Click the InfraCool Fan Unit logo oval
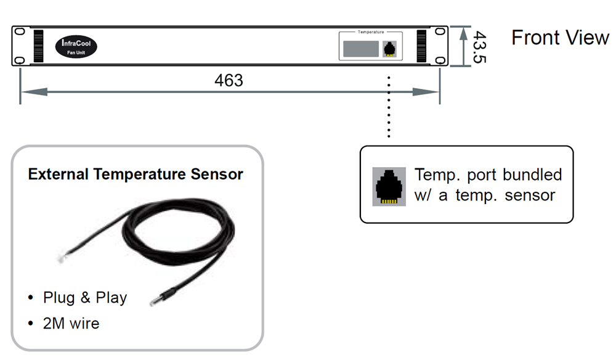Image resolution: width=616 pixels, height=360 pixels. coord(77,46)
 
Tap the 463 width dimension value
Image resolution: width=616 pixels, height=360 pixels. coord(229,80)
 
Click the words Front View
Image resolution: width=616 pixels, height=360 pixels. coord(560,38)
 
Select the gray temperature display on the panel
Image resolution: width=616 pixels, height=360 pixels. coord(360,49)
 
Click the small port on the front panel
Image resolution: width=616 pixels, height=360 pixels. coord(390,49)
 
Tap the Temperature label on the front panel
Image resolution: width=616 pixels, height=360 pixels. coord(371,31)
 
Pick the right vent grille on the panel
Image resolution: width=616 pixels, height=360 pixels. coord(422,46)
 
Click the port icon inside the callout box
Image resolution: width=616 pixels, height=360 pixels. coord(389,186)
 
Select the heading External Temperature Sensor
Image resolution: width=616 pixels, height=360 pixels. coord(136,174)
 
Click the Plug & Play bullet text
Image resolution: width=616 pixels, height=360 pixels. coord(84,298)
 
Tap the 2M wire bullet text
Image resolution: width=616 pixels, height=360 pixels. coord(71,323)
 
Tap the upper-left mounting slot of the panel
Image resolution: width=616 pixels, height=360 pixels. coord(19,31)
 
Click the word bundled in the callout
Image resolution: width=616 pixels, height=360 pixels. coord(532,174)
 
